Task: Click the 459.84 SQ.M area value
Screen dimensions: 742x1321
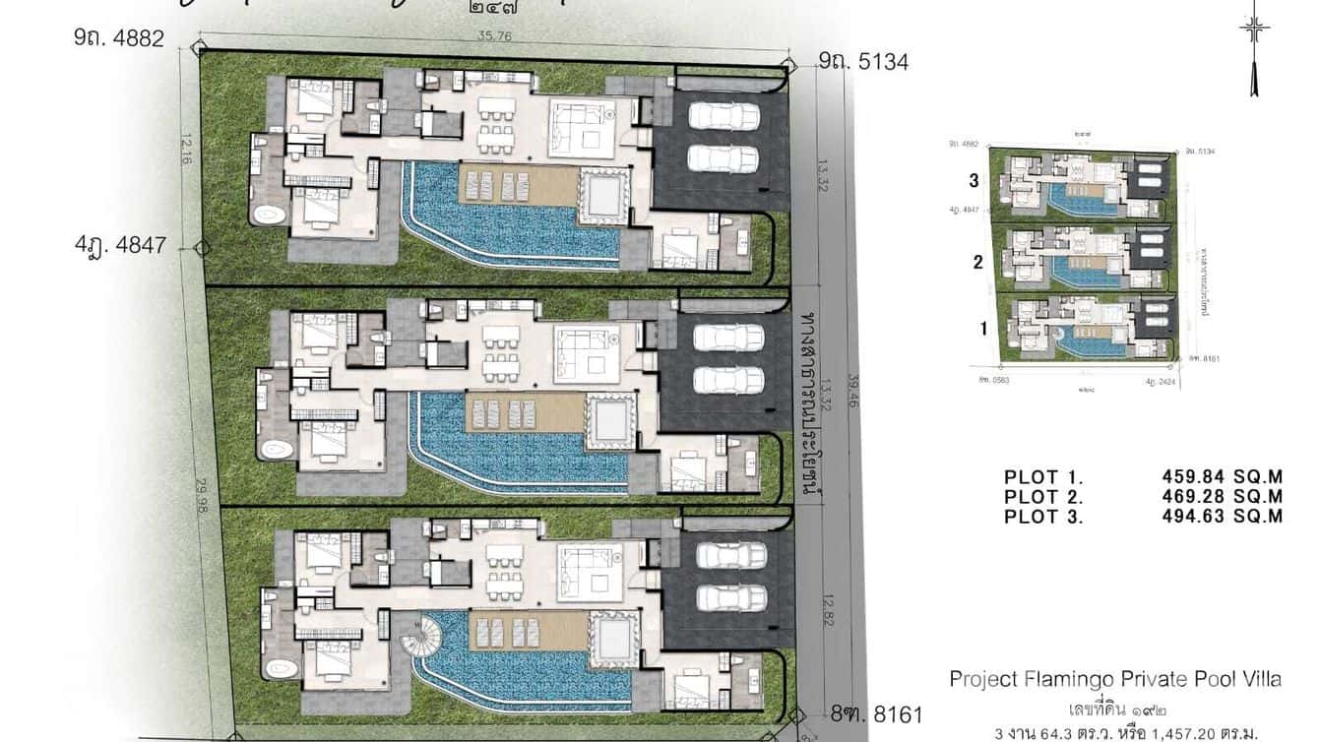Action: click(1223, 478)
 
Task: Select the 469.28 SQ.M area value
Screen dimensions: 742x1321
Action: click(1223, 497)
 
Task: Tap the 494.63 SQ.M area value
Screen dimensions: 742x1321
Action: click(1223, 517)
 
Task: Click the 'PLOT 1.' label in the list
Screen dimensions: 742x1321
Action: click(1043, 478)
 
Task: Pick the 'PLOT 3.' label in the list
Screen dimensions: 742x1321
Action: click(1043, 517)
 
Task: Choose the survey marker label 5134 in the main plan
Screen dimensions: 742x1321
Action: click(863, 62)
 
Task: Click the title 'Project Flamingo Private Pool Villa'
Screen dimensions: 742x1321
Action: click(1115, 679)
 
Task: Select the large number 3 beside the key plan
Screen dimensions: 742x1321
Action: click(975, 180)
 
